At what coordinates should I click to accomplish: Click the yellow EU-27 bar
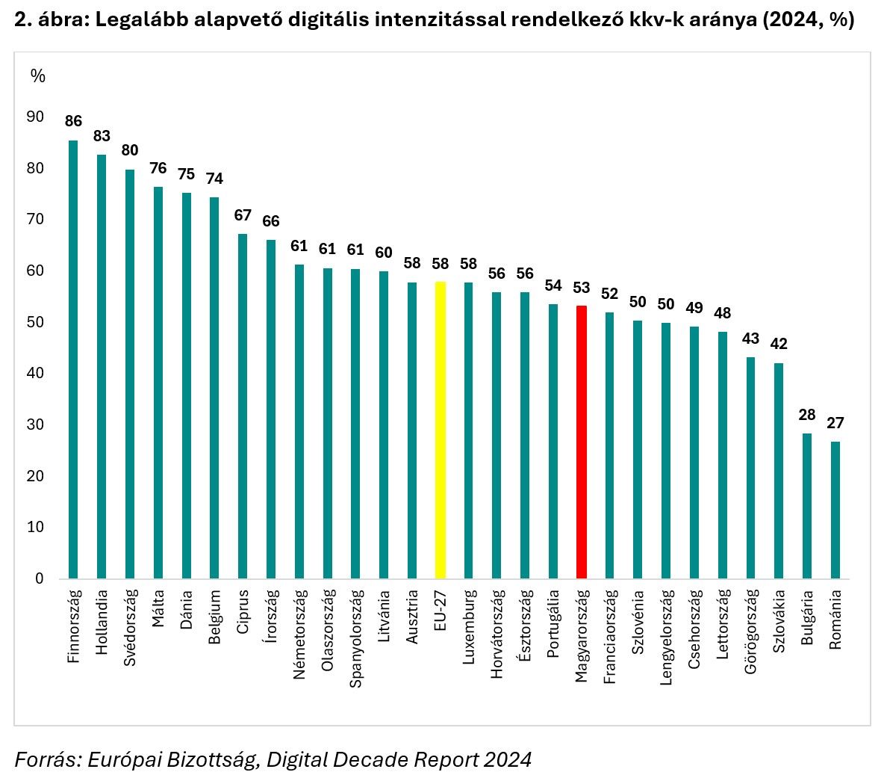pyautogui.click(x=441, y=430)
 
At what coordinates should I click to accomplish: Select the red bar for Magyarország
pyautogui.click(x=582, y=441)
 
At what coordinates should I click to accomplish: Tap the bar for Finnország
pyautogui.click(x=73, y=359)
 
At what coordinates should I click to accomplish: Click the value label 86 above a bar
pyautogui.click(x=73, y=121)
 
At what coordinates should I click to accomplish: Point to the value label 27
pyautogui.click(x=835, y=423)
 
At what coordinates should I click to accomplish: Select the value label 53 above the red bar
pyautogui.click(x=582, y=288)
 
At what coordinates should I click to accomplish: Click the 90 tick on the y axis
pyautogui.click(x=34, y=117)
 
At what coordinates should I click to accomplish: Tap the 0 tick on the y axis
pyautogui.click(x=40, y=578)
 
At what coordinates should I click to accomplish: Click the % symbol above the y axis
pyautogui.click(x=37, y=75)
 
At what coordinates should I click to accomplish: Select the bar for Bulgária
pyautogui.click(x=807, y=505)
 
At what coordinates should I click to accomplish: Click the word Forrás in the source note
pyautogui.click(x=44, y=759)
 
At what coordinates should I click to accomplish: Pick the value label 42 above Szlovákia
pyautogui.click(x=779, y=345)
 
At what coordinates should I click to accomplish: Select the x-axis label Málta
pyautogui.click(x=158, y=609)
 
